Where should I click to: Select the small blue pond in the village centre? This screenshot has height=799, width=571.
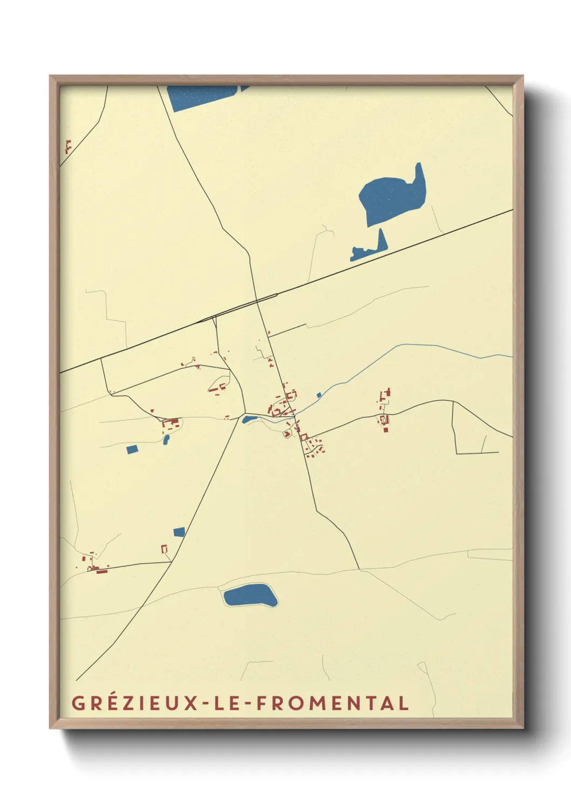point(249,419)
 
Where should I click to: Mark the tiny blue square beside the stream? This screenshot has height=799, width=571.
point(319,395)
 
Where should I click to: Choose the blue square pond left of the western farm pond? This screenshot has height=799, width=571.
point(132,449)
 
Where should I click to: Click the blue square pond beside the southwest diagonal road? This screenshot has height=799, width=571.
point(179,532)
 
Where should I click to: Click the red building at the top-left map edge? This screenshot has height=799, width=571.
point(68,146)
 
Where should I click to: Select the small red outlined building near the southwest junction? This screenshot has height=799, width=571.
point(164,549)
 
